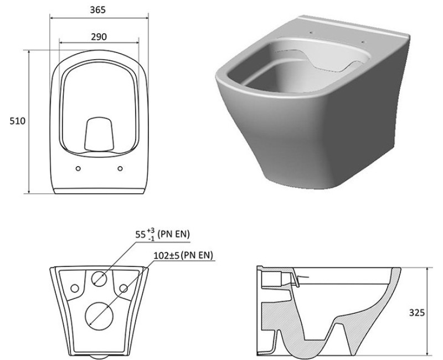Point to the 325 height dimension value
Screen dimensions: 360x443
pos(416,312)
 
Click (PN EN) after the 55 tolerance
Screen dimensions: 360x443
pos(174,235)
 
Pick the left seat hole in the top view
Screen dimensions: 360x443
pos(78,168)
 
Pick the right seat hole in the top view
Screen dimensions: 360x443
pos(120,168)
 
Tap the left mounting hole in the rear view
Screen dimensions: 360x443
pos(73,288)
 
